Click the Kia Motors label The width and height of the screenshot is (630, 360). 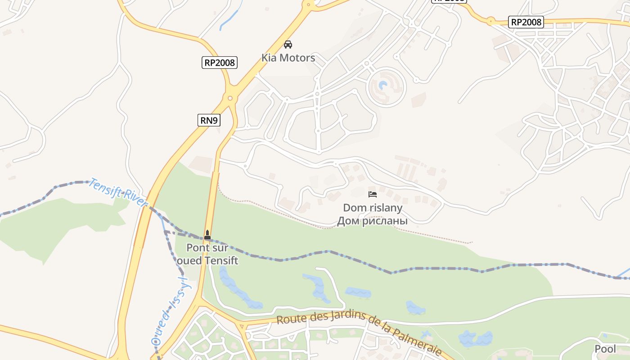point(288,58)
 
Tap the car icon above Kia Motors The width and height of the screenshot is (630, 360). point(288,44)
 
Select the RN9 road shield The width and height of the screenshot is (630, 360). point(209,120)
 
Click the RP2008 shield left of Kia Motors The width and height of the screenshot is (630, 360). point(220,63)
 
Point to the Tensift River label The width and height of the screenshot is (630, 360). point(118,193)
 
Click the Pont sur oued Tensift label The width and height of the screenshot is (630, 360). point(207,254)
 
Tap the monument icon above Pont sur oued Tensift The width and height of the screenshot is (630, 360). point(207,234)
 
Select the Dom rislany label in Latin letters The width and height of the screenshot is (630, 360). point(373,208)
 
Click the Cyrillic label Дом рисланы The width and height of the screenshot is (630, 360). point(373,221)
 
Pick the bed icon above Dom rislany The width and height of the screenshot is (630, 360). point(373,194)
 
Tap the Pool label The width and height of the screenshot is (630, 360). point(605,349)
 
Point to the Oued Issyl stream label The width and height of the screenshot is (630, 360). point(171,310)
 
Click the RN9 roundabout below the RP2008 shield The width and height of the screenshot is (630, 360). point(230,98)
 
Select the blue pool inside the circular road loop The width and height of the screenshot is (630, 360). point(383,85)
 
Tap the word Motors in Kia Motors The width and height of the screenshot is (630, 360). point(297,58)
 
